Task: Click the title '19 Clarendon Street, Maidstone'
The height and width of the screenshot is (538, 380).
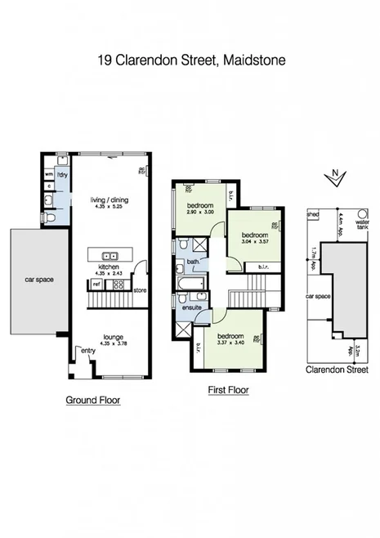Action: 190,60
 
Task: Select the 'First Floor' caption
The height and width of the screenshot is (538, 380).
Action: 228,390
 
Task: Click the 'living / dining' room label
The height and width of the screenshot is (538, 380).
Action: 109,200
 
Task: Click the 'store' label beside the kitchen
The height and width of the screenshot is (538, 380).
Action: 139,289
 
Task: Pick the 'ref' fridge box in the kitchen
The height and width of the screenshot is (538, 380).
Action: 96,285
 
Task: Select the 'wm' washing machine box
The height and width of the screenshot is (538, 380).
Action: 48,173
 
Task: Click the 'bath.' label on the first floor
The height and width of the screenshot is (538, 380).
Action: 194,262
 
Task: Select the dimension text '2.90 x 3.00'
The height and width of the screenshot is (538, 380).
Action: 201,212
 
